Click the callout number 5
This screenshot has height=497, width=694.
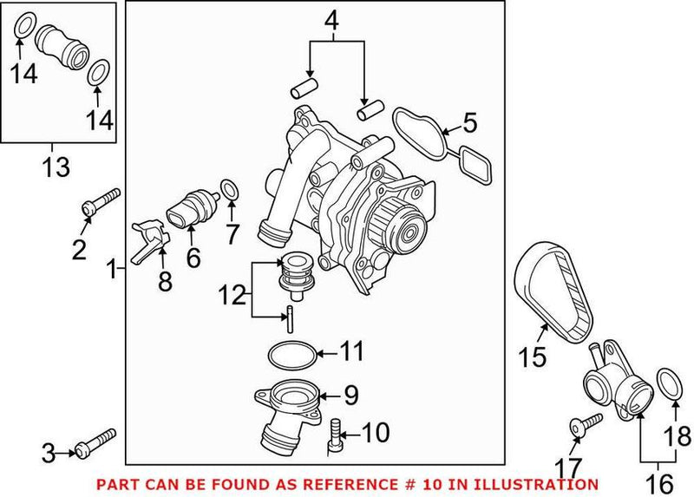click(x=469, y=122)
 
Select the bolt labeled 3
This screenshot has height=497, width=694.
click(x=94, y=442)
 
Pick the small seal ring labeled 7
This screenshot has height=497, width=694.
click(x=229, y=189)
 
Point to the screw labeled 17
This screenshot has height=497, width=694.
click(x=586, y=424)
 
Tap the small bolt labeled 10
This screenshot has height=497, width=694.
click(x=335, y=435)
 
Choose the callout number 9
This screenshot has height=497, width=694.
click(x=350, y=396)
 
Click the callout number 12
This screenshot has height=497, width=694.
click(x=231, y=296)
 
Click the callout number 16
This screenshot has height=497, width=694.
click(x=659, y=482)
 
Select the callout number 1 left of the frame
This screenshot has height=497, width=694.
click(x=110, y=271)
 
